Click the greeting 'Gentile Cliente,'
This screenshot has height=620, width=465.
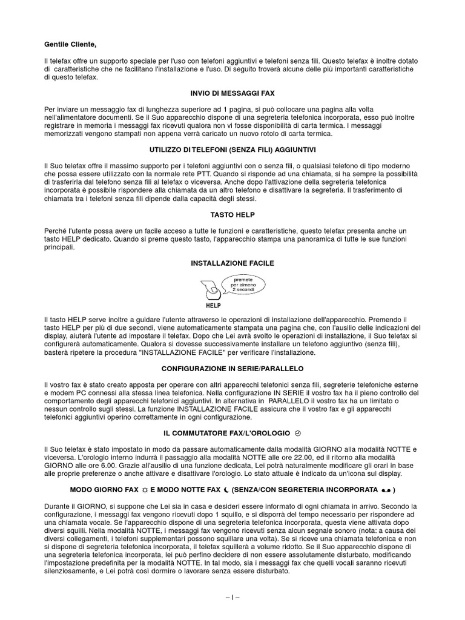pos(70,44)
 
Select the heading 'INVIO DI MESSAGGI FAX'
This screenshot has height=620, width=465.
pos(232,93)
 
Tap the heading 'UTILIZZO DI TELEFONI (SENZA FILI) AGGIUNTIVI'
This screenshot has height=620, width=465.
pos(232,149)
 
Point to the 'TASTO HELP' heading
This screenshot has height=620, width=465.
pos(232,215)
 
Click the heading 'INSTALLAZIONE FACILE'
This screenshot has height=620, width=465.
pos(232,263)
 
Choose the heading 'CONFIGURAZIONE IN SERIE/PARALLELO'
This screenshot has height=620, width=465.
pos(232,368)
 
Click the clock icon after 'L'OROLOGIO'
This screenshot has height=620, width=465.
pos(297,433)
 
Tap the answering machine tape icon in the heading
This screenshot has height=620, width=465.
pos(386,489)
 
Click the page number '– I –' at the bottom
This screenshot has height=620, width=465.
pos(232,597)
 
